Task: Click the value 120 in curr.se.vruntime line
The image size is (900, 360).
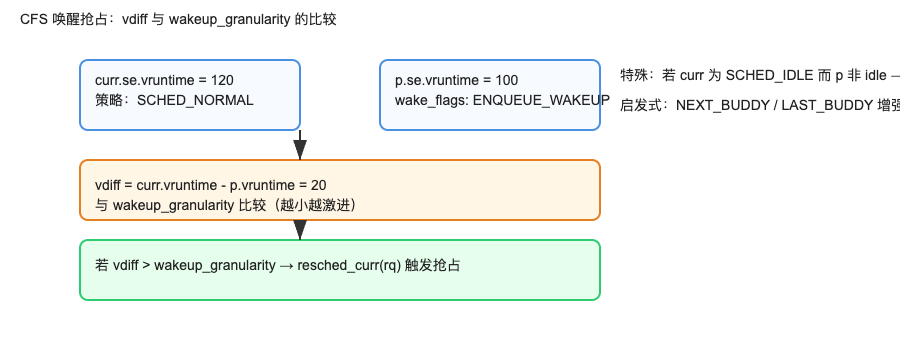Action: pos(223,80)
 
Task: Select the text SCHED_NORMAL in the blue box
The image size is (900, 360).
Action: pos(195,100)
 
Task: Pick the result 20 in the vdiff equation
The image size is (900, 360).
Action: pos(318,185)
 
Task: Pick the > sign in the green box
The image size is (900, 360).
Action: pos(146,265)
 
